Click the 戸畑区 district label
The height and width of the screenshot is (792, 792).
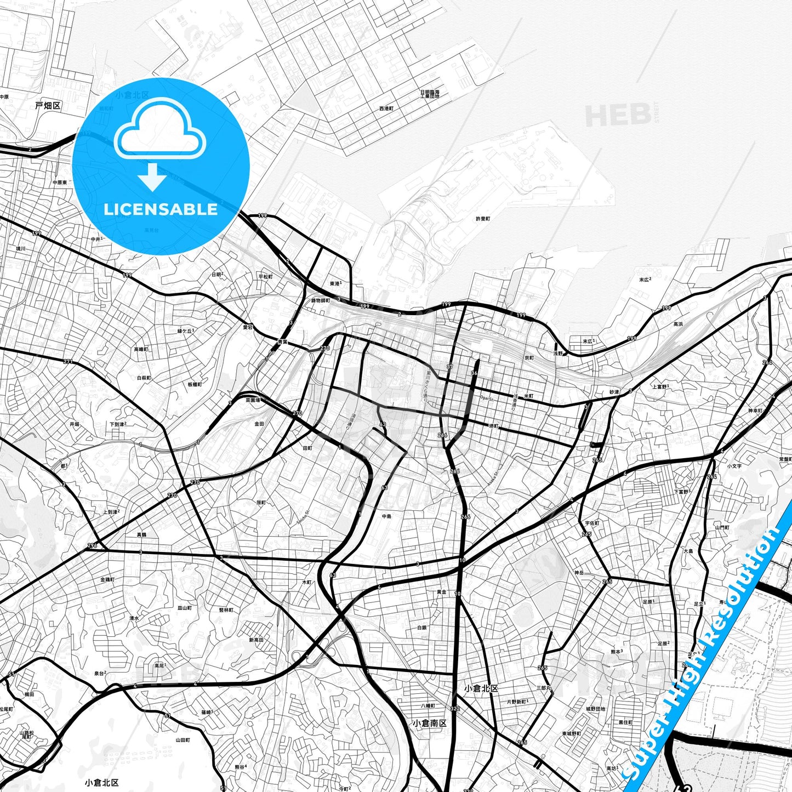coord(48,105)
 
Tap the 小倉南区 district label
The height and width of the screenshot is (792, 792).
coord(430,723)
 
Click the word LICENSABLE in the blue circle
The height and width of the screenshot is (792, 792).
coord(161,209)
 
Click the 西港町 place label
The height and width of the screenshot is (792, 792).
coord(386,109)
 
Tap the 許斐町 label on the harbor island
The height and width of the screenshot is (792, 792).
coord(483,219)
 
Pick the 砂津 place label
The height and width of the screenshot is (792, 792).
coord(614,392)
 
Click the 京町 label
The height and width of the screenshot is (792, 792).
coord(529,358)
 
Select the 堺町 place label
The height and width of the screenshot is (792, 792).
coord(494,426)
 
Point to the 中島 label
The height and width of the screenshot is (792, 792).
coord(387,516)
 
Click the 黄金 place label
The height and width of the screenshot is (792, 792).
coord(441,592)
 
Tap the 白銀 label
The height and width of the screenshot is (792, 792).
coord(421,628)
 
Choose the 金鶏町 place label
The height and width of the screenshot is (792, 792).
coord(107,579)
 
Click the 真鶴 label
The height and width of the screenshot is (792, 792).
coord(141,534)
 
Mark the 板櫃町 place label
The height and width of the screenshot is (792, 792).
coord(195,385)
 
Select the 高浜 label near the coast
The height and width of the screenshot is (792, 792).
coord(678,324)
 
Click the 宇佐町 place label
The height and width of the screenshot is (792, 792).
coord(591,523)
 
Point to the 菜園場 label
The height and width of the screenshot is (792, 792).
coord(253,400)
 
